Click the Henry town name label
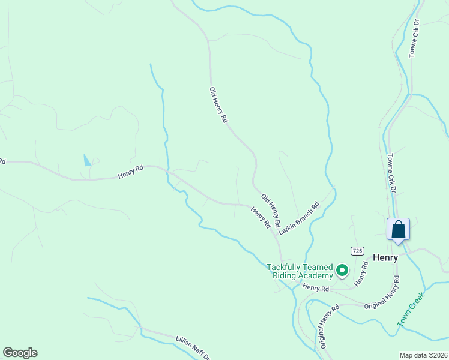pyautogui.click(x=385, y=257)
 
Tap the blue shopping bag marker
pyautogui.click(x=398, y=230)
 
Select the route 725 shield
pyautogui.click(x=358, y=250)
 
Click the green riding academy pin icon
pyautogui.click(x=343, y=271)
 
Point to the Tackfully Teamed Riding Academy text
pyautogui.click(x=300, y=271)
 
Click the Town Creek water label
pyautogui.click(x=411, y=308)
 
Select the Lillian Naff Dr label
pyautogui.click(x=193, y=347)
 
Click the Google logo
pyautogui.click(x=20, y=353)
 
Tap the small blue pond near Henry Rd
pyautogui.click(x=88, y=160)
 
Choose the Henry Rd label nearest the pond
pyautogui.click(x=131, y=173)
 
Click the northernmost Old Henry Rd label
pyautogui.click(x=218, y=105)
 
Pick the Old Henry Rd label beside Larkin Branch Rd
pyautogui.click(x=271, y=210)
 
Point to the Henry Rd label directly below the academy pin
pyautogui.click(x=316, y=288)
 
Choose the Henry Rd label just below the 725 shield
pyautogui.click(x=360, y=273)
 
